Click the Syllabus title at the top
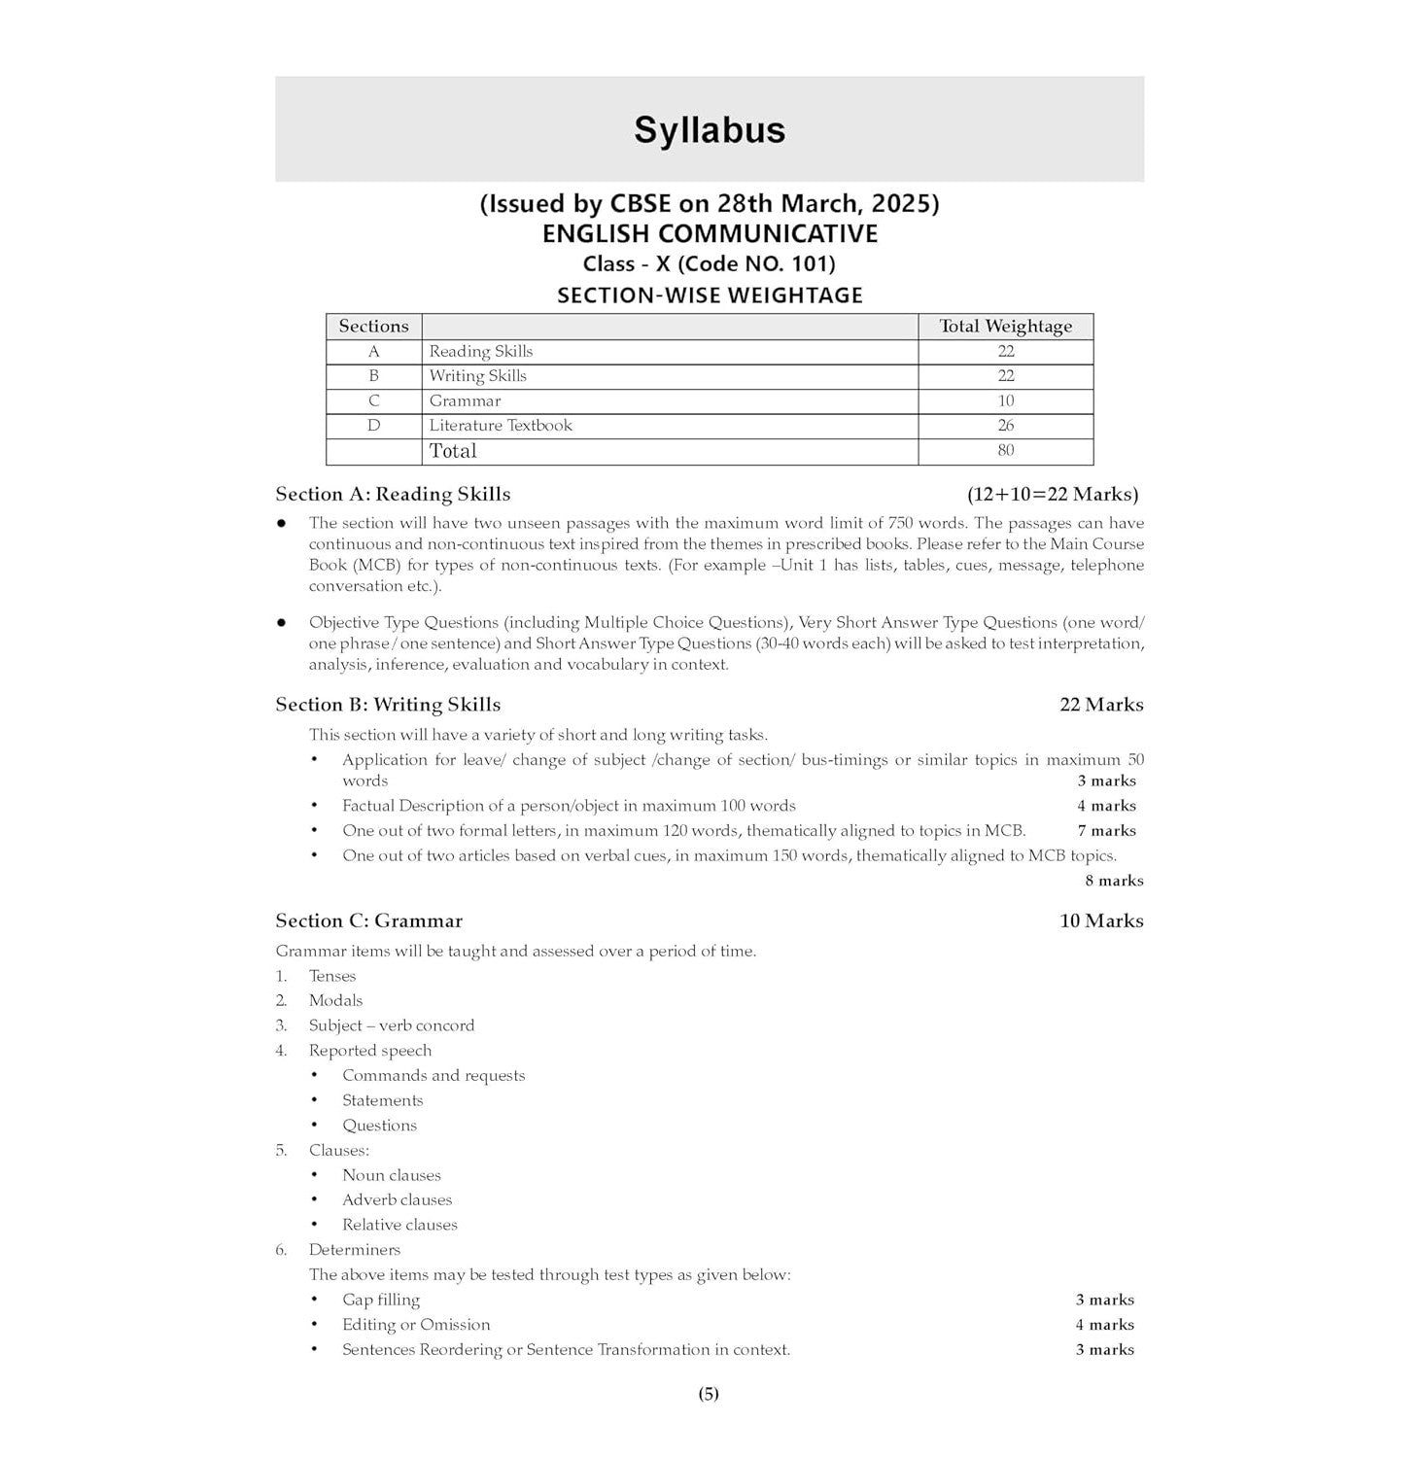click(x=710, y=130)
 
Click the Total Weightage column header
click(x=1005, y=327)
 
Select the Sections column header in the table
click(x=373, y=327)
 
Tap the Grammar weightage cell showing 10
click(x=1005, y=400)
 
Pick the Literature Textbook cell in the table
click(x=501, y=426)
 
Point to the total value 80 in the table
click(x=1005, y=450)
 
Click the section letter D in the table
click(x=373, y=426)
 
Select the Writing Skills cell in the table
click(x=477, y=376)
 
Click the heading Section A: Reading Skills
click(x=393, y=495)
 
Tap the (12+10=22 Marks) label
click(x=1053, y=495)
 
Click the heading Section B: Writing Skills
click(x=388, y=705)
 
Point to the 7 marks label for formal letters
click(x=1106, y=831)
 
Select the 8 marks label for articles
click(x=1114, y=881)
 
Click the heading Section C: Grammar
click(x=368, y=920)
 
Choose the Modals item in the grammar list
click(x=335, y=1000)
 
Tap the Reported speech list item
click(x=370, y=1051)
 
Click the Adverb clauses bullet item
click(x=397, y=1200)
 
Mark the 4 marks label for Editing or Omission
click(x=1104, y=1325)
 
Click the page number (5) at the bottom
click(x=709, y=1394)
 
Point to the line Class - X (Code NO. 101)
click(x=709, y=264)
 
